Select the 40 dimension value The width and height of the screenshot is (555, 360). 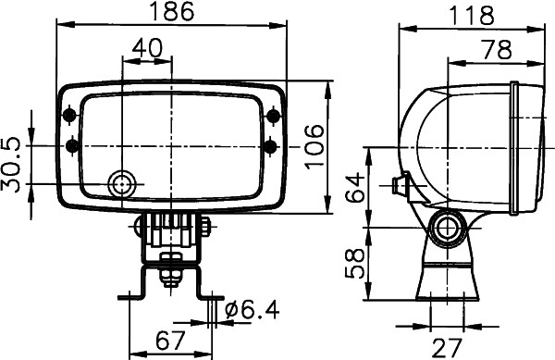coord(147,47)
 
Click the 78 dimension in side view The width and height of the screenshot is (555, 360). coord(496,51)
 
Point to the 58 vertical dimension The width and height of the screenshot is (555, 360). coord(353,262)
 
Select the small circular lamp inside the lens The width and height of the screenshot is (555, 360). coord(119,185)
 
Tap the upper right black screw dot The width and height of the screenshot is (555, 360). coord(272,115)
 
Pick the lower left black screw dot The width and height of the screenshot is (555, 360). coord(72,145)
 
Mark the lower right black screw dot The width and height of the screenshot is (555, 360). coord(271,145)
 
